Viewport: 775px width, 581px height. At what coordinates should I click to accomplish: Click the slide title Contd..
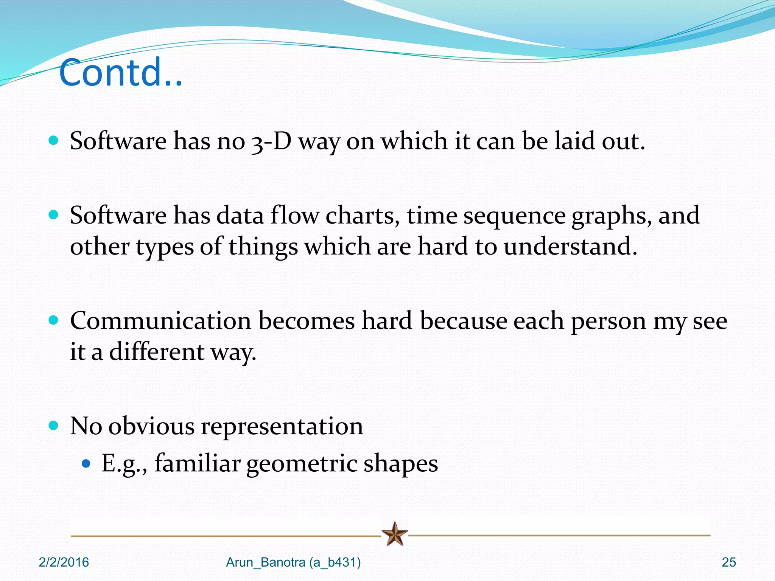[120, 73]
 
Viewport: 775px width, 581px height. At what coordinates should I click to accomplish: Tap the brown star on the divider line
[395, 534]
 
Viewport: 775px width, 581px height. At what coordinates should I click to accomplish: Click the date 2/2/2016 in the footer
[64, 562]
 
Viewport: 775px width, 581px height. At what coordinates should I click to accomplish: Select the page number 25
[728, 562]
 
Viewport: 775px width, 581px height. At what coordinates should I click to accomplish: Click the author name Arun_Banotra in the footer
[265, 562]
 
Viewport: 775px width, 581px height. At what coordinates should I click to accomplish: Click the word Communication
[160, 321]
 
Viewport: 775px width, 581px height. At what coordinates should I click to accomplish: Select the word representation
[282, 426]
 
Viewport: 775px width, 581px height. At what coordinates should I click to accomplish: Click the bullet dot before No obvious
[54, 426]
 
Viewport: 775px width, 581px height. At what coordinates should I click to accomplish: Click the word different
[157, 352]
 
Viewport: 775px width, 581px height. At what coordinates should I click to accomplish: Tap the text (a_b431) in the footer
[335, 562]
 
